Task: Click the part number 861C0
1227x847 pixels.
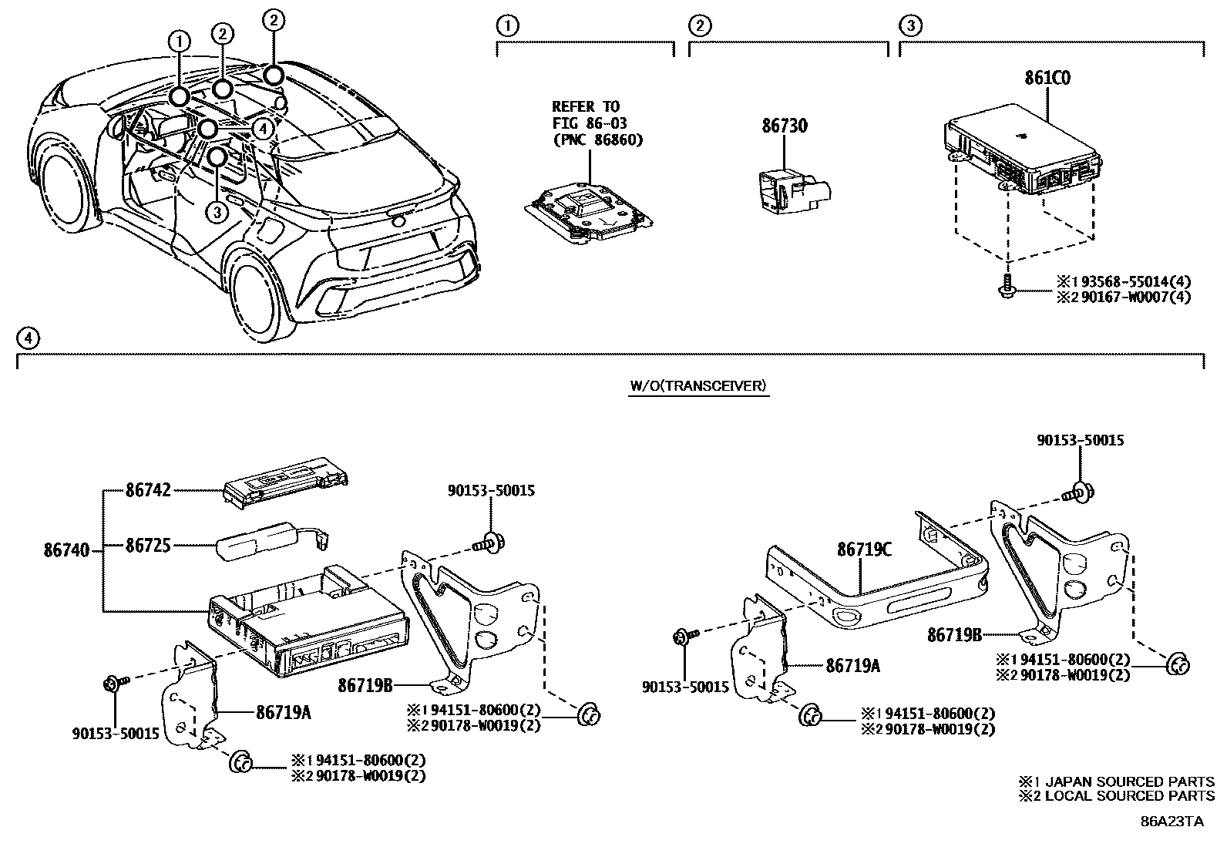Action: point(1047,78)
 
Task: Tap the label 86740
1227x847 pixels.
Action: point(67,550)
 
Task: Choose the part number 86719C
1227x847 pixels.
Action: point(864,549)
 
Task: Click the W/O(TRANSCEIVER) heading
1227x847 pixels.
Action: point(698,385)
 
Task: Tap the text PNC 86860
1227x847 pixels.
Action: point(597,139)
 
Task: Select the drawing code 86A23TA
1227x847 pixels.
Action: point(1172,821)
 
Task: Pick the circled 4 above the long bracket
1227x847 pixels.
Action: point(26,338)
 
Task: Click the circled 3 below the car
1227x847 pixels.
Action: point(217,211)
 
